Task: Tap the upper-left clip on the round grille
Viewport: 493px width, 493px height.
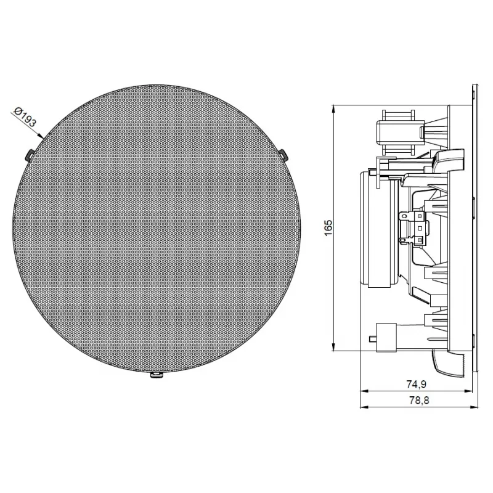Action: click(29, 154)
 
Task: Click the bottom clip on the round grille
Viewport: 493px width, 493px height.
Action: click(157, 375)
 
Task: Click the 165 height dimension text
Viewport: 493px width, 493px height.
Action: click(328, 228)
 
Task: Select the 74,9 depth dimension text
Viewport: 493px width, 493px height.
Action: click(416, 384)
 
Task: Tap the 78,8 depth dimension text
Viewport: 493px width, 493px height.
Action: click(419, 400)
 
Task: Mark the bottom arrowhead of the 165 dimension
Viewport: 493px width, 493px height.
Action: click(333, 346)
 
